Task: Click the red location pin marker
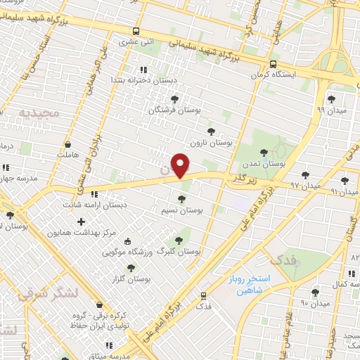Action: coord(181,165)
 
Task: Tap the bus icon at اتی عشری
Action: coord(136,32)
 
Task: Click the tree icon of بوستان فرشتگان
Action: coord(174,99)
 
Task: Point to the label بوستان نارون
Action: coord(215,142)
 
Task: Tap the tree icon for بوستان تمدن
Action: coord(264,152)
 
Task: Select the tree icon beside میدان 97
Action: coord(304,174)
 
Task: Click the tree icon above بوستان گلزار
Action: coord(130,267)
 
